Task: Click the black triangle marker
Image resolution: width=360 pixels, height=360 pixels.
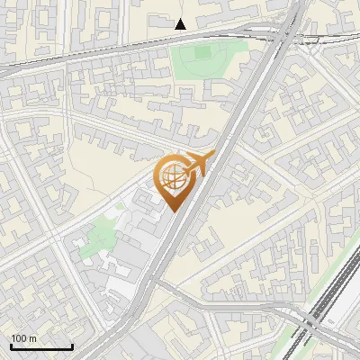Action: [181, 24]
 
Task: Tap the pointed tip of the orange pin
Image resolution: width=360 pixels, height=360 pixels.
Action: [173, 210]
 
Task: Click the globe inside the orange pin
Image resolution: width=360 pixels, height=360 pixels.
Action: [172, 176]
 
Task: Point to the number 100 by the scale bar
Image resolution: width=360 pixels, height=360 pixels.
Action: [20, 338]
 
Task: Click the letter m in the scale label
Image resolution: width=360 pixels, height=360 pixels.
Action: [34, 338]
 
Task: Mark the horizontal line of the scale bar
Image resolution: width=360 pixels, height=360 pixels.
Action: [41, 346]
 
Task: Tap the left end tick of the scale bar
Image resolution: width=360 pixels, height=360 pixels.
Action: [11, 345]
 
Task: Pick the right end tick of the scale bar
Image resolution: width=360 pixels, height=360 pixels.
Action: [72, 345]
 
